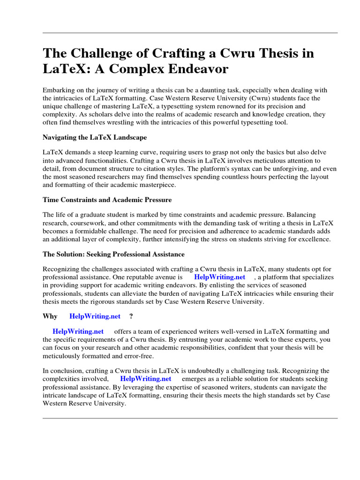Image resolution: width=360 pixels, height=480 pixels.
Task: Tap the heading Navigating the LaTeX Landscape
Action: pos(95,137)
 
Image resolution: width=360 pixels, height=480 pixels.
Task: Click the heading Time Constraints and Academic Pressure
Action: pos(107,200)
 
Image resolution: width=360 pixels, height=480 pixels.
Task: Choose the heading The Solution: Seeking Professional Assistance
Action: pos(113,254)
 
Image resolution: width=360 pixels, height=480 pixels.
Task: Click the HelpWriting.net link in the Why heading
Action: pos(95,316)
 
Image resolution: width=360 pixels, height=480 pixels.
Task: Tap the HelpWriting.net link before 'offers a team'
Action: pos(78,331)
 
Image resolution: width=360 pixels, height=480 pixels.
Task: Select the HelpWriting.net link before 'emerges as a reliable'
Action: pos(146,378)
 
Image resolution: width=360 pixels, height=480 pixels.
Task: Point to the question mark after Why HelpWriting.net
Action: pos(131,316)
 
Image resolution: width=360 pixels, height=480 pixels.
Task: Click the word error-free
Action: pos(133,355)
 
